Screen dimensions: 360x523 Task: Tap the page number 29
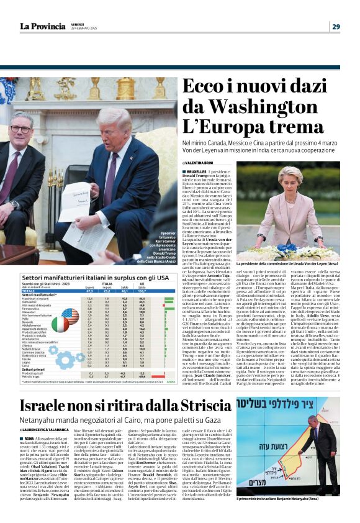coord(336,26)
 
